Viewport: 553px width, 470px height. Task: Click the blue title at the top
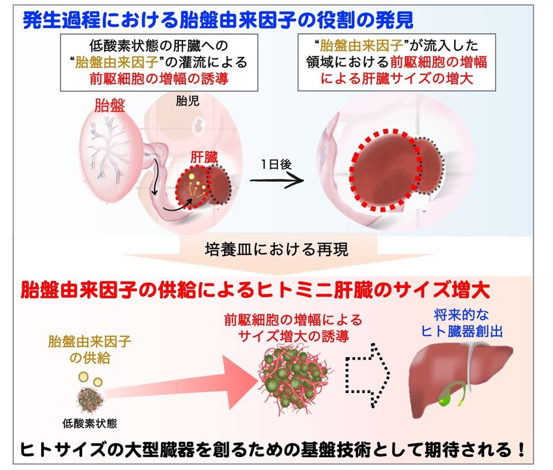[218, 20]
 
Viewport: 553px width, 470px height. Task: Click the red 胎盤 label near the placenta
[109, 105]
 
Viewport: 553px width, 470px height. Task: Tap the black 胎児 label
[188, 101]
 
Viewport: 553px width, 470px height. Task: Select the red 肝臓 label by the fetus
[204, 157]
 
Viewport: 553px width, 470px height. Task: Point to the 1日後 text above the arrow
[276, 164]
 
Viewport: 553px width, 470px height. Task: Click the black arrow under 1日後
[276, 181]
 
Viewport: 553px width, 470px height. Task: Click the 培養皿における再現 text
[276, 250]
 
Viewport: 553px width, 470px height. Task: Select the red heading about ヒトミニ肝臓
[255, 290]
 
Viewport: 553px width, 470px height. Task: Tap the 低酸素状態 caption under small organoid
[90, 423]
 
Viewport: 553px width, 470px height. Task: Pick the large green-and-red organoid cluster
[293, 377]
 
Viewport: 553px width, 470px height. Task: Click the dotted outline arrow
[368, 375]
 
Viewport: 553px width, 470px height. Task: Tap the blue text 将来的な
[461, 315]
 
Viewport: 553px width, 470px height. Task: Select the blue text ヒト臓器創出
[462, 331]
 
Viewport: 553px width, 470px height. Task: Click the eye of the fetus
[199, 124]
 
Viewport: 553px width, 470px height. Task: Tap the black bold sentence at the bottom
[272, 449]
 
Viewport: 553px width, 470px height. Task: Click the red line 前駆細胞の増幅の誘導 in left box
[159, 78]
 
